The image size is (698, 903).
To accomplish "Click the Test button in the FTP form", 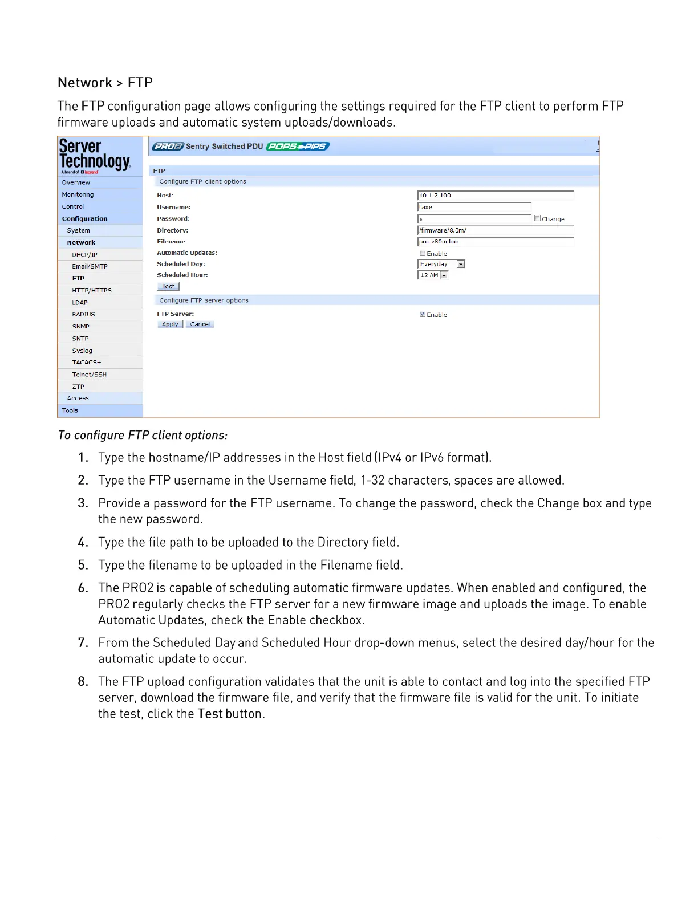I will tap(168, 287).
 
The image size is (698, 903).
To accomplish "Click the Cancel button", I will tap(200, 324).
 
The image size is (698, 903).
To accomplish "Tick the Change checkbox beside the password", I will tap(537, 218).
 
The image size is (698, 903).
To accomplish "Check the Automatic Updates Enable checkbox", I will tap(423, 253).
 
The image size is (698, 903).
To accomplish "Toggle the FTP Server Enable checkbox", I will tap(423, 314).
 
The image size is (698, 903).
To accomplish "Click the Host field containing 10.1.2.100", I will tap(495, 196).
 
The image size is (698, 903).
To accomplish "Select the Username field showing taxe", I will tap(474, 208).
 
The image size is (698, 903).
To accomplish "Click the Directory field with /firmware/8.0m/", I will tap(495, 231).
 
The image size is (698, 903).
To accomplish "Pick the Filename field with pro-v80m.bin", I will tap(495, 242).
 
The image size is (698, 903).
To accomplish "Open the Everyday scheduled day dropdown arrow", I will tap(461, 265).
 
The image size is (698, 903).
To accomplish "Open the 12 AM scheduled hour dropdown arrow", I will tap(444, 275).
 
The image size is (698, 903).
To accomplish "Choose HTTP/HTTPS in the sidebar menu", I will tap(92, 291).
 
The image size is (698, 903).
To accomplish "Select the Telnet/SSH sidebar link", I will tap(90, 375).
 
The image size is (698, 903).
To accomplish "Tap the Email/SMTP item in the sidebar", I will tap(90, 266).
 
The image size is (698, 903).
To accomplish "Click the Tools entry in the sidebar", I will tap(70, 410).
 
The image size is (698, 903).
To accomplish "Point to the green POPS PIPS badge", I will tap(298, 147).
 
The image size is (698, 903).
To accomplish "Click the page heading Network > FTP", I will tap(105, 83).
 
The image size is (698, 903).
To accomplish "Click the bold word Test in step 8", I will tap(210, 714).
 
